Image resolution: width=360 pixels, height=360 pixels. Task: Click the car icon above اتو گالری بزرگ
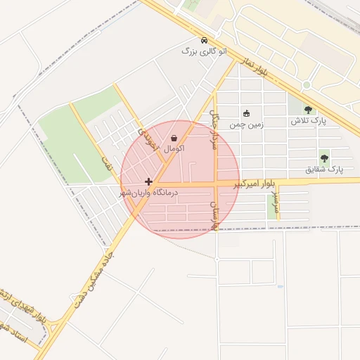[204, 40]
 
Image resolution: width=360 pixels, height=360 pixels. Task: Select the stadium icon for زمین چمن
[246, 113]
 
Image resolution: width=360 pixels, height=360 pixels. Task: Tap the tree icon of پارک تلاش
[308, 110]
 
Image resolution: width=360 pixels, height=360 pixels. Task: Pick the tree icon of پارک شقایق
[324, 158]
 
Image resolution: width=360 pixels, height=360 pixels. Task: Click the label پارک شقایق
[323, 169]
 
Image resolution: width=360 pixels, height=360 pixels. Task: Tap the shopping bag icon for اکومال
[174, 139]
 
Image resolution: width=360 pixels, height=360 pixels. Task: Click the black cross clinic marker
[148, 181]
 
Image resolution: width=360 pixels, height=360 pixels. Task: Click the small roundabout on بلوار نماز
[307, 85]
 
